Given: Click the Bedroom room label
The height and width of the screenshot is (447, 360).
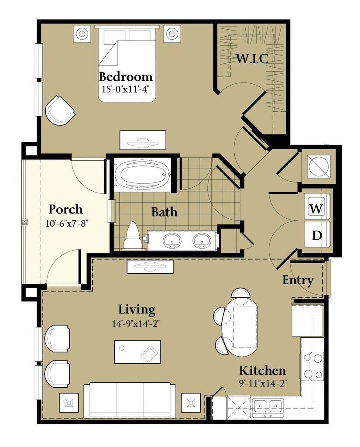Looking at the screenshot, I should pos(126,77).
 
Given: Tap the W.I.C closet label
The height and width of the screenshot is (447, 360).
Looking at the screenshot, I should pos(252,58).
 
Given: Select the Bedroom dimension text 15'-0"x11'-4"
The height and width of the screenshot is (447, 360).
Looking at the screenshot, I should pos(126,89).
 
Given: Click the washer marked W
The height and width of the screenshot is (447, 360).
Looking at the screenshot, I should pos(316,208).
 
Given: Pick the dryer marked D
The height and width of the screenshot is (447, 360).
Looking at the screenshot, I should pos(316,235).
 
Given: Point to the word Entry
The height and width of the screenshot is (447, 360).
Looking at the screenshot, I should pos(298,280).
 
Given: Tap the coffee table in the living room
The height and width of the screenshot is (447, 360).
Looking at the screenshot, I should pos(137,351).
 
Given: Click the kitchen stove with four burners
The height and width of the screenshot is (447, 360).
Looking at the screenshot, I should pos(312,366).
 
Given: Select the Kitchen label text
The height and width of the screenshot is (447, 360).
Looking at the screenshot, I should pos(262,371).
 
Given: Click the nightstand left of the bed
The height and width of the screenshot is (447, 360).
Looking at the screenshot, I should pos(82,33).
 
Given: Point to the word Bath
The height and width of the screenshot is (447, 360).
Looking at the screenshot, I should pos(164,212).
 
